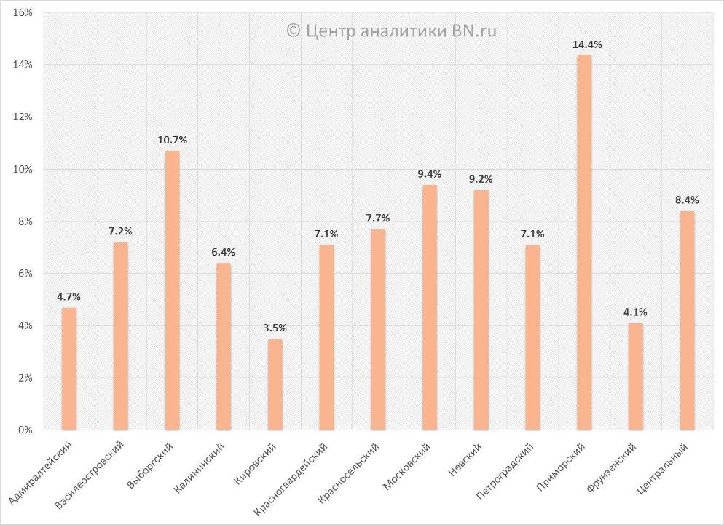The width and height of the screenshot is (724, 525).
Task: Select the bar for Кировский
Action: (275, 384)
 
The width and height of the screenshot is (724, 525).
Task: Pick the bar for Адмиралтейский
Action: (69, 368)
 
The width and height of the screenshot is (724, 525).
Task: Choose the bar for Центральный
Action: (687, 320)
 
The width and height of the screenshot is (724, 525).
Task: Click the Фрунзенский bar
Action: (636, 376)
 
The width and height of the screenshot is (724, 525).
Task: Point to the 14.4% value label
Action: (587, 44)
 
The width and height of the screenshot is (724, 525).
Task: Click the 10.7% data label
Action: (173, 140)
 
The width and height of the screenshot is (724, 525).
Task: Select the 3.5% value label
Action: (275, 328)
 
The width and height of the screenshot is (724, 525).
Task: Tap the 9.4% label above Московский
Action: (430, 174)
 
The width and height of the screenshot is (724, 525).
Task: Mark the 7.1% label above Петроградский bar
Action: (532, 234)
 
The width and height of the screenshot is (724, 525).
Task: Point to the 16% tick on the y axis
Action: (23, 13)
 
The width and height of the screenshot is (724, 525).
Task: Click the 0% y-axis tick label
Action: (26, 430)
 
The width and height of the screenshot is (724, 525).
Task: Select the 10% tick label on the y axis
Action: (23, 170)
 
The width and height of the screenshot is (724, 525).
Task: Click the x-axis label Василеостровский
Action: (90, 473)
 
